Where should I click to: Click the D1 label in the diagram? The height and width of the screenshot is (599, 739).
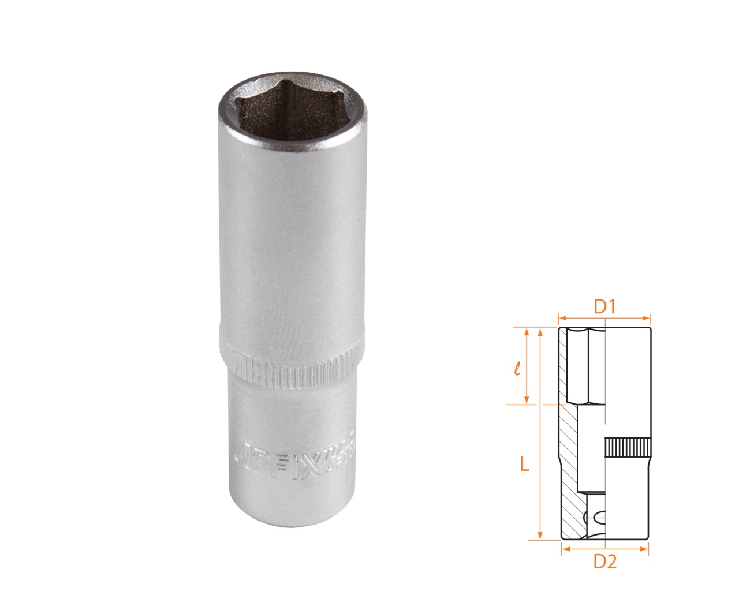(604, 306)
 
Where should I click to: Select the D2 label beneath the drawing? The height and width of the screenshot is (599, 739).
(604, 561)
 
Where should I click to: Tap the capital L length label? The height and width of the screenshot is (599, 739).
(524, 463)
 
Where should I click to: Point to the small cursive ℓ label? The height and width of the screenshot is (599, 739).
(517, 368)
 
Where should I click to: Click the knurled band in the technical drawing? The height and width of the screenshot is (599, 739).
(628, 447)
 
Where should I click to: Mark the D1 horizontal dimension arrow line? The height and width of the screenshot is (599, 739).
(604, 317)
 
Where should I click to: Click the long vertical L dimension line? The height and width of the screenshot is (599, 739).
(540, 433)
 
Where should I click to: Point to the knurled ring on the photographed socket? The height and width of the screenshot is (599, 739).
(293, 364)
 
